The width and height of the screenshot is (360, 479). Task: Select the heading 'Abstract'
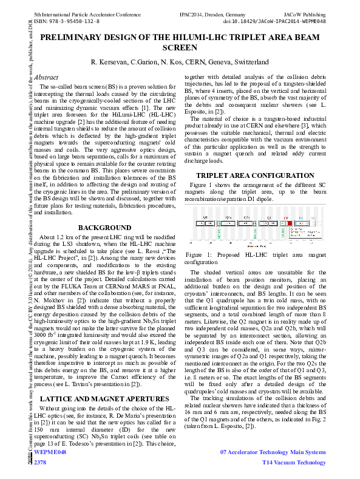pyautogui.click(x=47, y=78)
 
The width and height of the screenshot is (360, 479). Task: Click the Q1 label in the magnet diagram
pyautogui.click(x=204, y=216)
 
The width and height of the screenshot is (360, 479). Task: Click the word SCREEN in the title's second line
pyautogui.click(x=180, y=47)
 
